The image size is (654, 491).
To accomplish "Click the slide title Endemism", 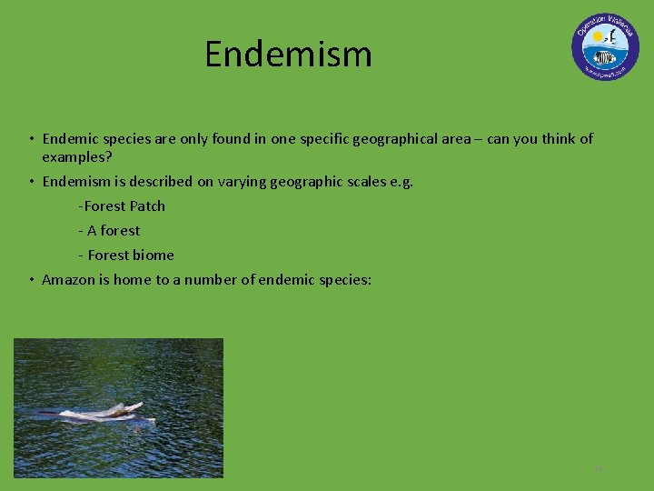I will point(288,55).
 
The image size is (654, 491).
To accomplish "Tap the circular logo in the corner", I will point(605,47).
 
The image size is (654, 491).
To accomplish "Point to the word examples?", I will point(77,157).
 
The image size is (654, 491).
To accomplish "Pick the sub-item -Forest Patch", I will point(122,206).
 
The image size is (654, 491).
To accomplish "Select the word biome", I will point(154,256).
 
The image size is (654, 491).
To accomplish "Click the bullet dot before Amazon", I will point(31,280).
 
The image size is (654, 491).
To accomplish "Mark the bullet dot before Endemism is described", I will point(31,182).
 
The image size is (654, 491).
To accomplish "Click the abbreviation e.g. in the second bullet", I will point(401,182).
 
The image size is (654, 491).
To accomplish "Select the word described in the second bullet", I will point(153,182).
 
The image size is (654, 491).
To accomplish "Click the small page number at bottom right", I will point(598,469).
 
